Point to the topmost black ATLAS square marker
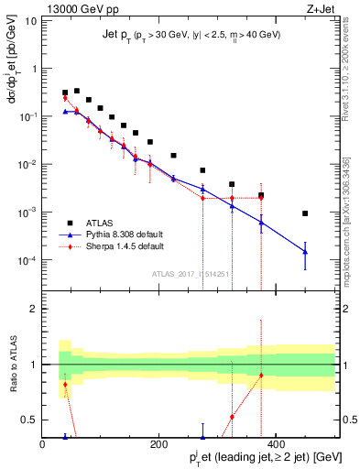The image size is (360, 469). point(77,91)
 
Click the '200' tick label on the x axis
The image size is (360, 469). point(158,443)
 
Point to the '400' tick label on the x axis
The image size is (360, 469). point(275,443)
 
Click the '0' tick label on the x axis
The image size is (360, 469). point(42,443)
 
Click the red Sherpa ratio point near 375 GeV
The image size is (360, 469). point(261,375)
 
